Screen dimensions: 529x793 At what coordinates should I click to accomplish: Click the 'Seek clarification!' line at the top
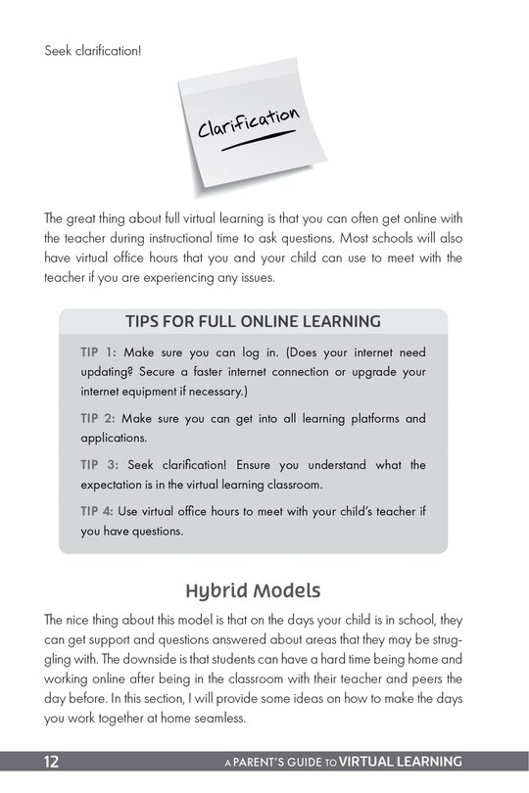point(93,48)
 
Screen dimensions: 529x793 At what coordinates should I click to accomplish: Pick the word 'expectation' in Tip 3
point(120,486)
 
